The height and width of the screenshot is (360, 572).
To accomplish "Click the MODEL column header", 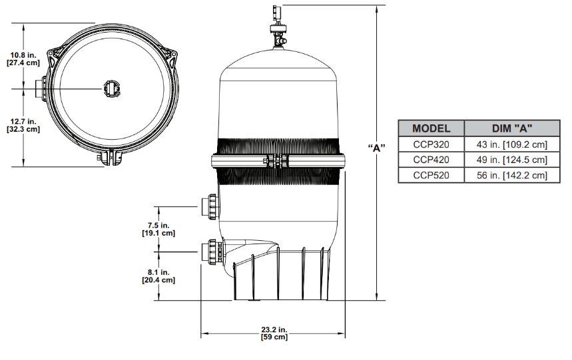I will tap(431, 128).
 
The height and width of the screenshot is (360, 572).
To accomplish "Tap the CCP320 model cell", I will tap(431, 144).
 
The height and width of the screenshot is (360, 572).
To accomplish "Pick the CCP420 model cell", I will tap(431, 160).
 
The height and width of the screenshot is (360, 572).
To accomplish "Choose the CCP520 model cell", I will tap(431, 176).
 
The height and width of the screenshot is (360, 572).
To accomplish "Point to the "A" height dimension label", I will tap(378, 148).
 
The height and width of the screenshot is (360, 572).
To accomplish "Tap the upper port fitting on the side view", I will tap(210, 206).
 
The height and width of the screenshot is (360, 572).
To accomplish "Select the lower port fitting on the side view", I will tap(211, 252).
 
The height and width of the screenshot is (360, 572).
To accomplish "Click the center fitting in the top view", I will tap(111, 87).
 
